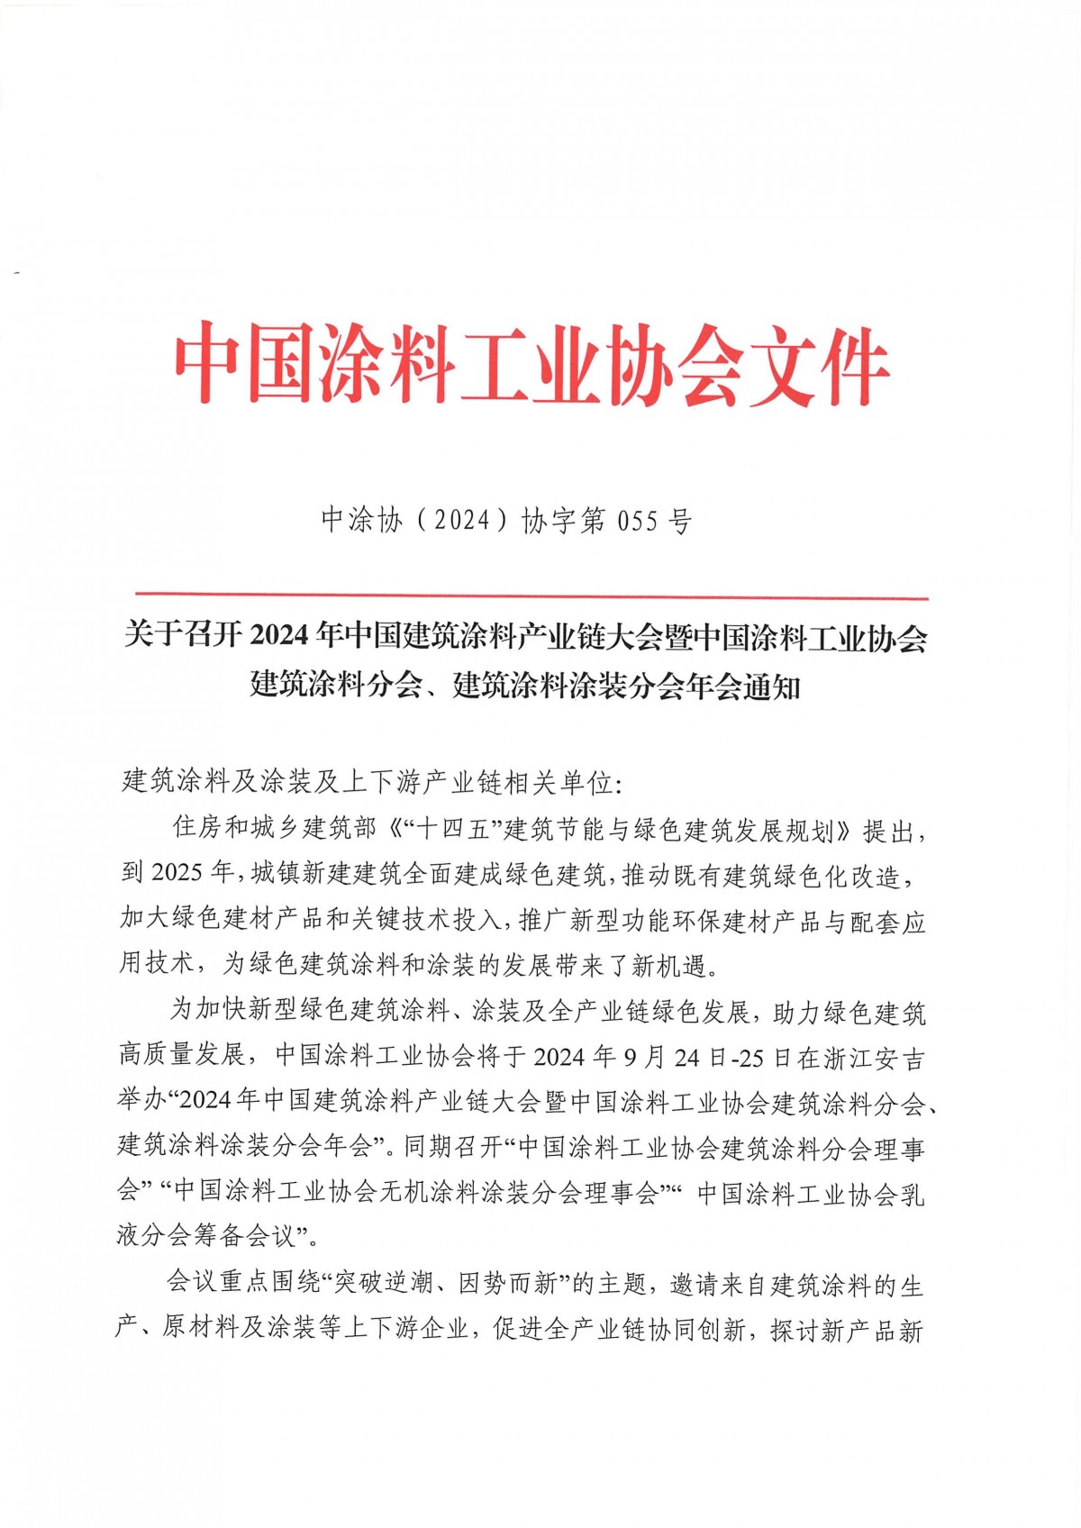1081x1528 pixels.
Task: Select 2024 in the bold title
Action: (279, 636)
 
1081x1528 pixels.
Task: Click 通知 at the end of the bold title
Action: (772, 687)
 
